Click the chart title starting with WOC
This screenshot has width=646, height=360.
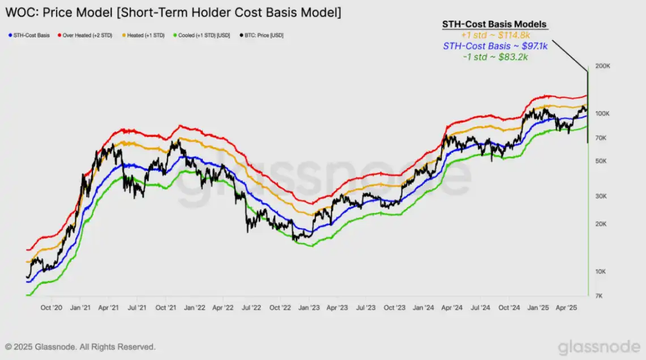coord(173,12)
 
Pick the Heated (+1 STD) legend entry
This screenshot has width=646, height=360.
coord(144,35)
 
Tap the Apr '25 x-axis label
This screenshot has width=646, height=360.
coord(566,308)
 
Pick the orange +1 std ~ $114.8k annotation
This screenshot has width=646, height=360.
coord(488,35)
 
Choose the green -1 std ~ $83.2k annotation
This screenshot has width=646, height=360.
coord(488,57)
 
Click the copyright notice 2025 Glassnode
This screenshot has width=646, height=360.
coord(80,346)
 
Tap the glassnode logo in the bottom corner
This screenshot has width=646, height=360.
coord(598,347)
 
